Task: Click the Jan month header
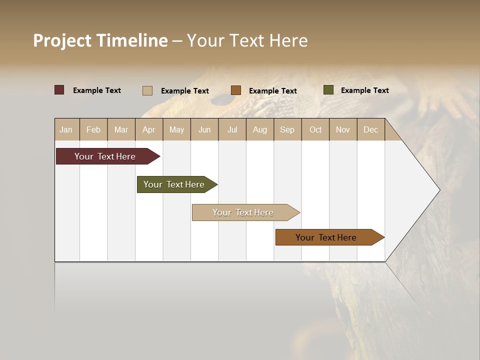(x=66, y=129)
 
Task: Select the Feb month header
(x=93, y=129)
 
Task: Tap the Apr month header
(x=148, y=129)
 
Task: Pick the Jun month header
(x=204, y=129)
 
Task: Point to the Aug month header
(x=259, y=129)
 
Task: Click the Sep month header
(x=287, y=129)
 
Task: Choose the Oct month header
(x=315, y=129)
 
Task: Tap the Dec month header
(x=370, y=129)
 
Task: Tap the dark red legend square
(x=59, y=90)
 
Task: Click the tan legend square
(x=147, y=90)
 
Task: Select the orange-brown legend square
(x=236, y=90)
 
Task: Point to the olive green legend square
(x=328, y=90)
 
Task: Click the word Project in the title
(x=63, y=40)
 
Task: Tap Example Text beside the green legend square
(x=364, y=90)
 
